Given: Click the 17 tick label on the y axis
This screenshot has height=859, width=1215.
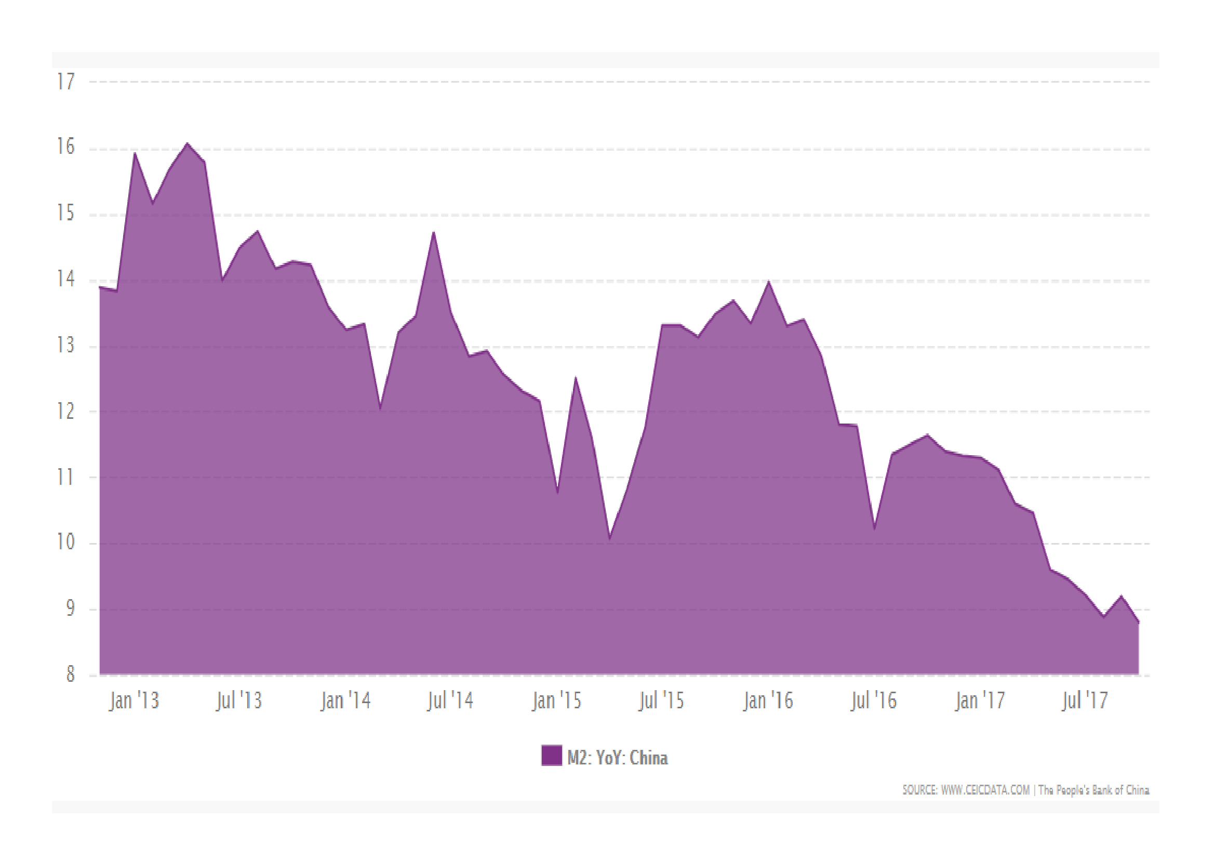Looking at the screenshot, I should (x=66, y=82).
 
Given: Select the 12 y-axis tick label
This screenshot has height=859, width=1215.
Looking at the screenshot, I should (x=66, y=411).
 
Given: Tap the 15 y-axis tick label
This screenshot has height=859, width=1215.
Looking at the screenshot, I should (x=66, y=214).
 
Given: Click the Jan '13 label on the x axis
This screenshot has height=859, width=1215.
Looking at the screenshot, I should (x=134, y=700).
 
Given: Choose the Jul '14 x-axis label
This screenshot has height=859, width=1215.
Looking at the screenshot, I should (x=450, y=700).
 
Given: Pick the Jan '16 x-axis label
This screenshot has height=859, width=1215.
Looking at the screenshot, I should (x=768, y=700).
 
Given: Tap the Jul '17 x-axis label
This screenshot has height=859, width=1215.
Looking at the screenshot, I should (x=1085, y=700).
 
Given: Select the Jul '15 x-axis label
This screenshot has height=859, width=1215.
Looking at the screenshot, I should (x=661, y=700).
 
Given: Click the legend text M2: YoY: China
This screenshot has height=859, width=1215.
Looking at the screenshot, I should (x=618, y=758).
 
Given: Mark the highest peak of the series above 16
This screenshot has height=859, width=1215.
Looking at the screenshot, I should (x=187, y=143).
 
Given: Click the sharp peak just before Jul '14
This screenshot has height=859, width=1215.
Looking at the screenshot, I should (x=434, y=232).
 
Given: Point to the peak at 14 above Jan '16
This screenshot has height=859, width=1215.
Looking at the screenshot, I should (x=768, y=282).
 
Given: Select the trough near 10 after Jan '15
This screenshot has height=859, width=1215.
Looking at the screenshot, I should (x=610, y=538).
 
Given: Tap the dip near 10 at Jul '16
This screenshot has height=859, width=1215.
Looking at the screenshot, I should (x=874, y=528).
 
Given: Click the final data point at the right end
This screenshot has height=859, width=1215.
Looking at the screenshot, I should (x=1138, y=623).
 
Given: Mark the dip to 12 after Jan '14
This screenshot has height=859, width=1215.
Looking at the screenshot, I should (x=380, y=408).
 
